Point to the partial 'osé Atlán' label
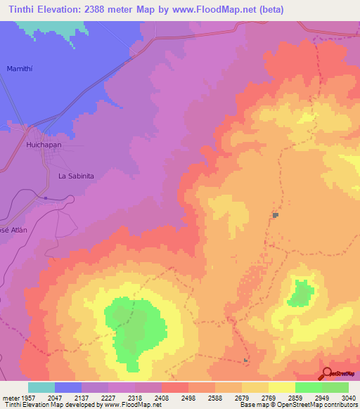(13, 230)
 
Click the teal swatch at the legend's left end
(41, 387)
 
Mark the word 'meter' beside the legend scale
(10, 397)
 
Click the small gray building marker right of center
(276, 215)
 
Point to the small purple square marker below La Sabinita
(46, 198)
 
